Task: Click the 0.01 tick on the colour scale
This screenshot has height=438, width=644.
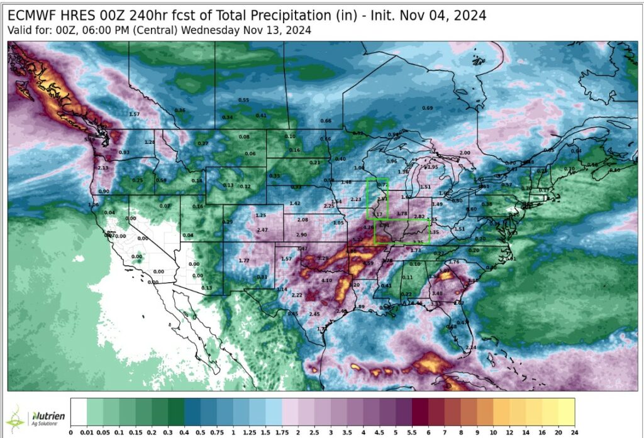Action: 86,432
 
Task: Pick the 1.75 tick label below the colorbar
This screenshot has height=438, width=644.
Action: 282,432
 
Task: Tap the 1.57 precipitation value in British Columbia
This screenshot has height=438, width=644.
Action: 134,114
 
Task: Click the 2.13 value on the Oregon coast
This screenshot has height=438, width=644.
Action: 103,168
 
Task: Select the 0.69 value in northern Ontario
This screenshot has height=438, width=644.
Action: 427,108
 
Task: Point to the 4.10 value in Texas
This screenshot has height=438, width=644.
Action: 326,280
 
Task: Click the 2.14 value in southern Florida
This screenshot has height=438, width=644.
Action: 472,348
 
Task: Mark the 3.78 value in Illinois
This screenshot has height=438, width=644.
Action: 402,214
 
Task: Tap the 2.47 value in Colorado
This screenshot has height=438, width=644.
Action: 263,231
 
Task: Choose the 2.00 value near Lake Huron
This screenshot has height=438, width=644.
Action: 465,153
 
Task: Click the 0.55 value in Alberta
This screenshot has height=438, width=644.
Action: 243,101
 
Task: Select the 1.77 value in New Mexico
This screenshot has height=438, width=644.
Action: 245,260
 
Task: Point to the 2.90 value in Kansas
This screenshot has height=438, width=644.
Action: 301,234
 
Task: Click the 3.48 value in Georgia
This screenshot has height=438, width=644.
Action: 438,293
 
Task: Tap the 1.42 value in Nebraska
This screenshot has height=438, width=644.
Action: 295,204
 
